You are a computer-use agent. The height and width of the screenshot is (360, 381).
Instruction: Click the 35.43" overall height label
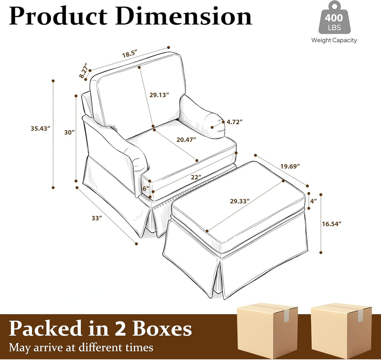click(x=40, y=128)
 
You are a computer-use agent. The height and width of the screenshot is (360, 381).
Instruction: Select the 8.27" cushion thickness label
click(x=83, y=70)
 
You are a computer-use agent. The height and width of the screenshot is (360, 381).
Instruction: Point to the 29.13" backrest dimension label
click(x=159, y=95)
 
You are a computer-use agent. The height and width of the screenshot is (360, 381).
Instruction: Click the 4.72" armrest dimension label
click(x=235, y=122)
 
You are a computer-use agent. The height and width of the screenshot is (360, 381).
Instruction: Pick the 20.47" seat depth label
click(x=186, y=140)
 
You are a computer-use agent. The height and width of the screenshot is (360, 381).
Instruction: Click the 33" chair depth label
click(x=97, y=218)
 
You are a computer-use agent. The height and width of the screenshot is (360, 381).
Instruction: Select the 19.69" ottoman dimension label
click(x=290, y=166)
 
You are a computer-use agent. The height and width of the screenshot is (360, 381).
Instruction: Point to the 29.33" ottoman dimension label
click(x=240, y=201)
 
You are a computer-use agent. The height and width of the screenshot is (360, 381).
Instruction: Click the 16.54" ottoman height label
click(x=332, y=224)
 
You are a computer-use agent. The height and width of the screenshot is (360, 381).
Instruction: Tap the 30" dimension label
click(x=69, y=132)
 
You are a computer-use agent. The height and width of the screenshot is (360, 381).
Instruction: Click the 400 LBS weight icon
click(x=335, y=18)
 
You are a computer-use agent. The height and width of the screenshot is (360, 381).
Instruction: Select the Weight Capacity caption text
click(x=335, y=40)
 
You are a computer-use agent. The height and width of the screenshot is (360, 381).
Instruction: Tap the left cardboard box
click(x=267, y=331)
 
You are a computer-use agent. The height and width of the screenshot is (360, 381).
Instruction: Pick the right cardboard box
click(x=341, y=331)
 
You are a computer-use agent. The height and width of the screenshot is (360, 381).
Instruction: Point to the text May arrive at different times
click(x=81, y=347)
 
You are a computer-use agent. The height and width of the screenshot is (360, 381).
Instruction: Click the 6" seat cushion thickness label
click(x=146, y=189)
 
